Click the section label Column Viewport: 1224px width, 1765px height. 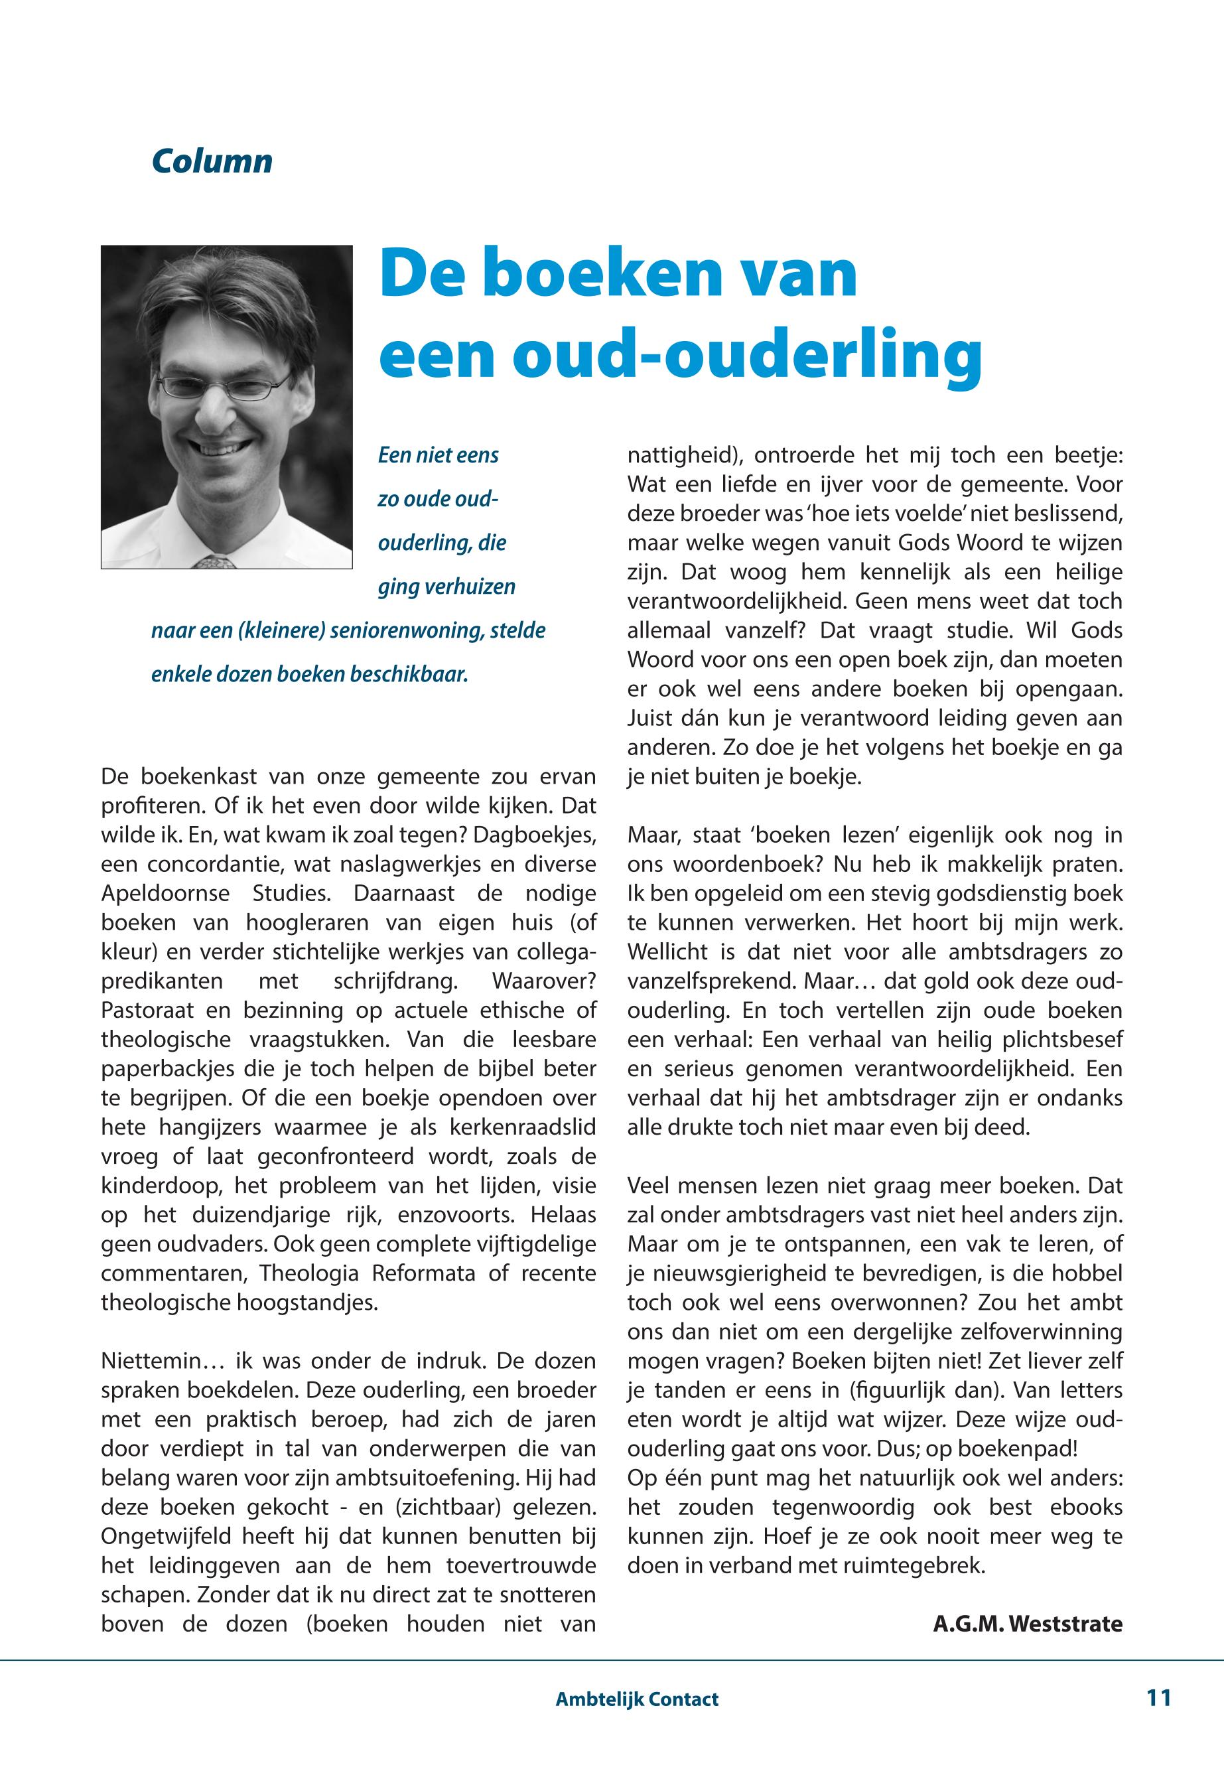click(x=212, y=162)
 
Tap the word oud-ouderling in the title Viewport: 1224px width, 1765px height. click(x=748, y=355)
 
